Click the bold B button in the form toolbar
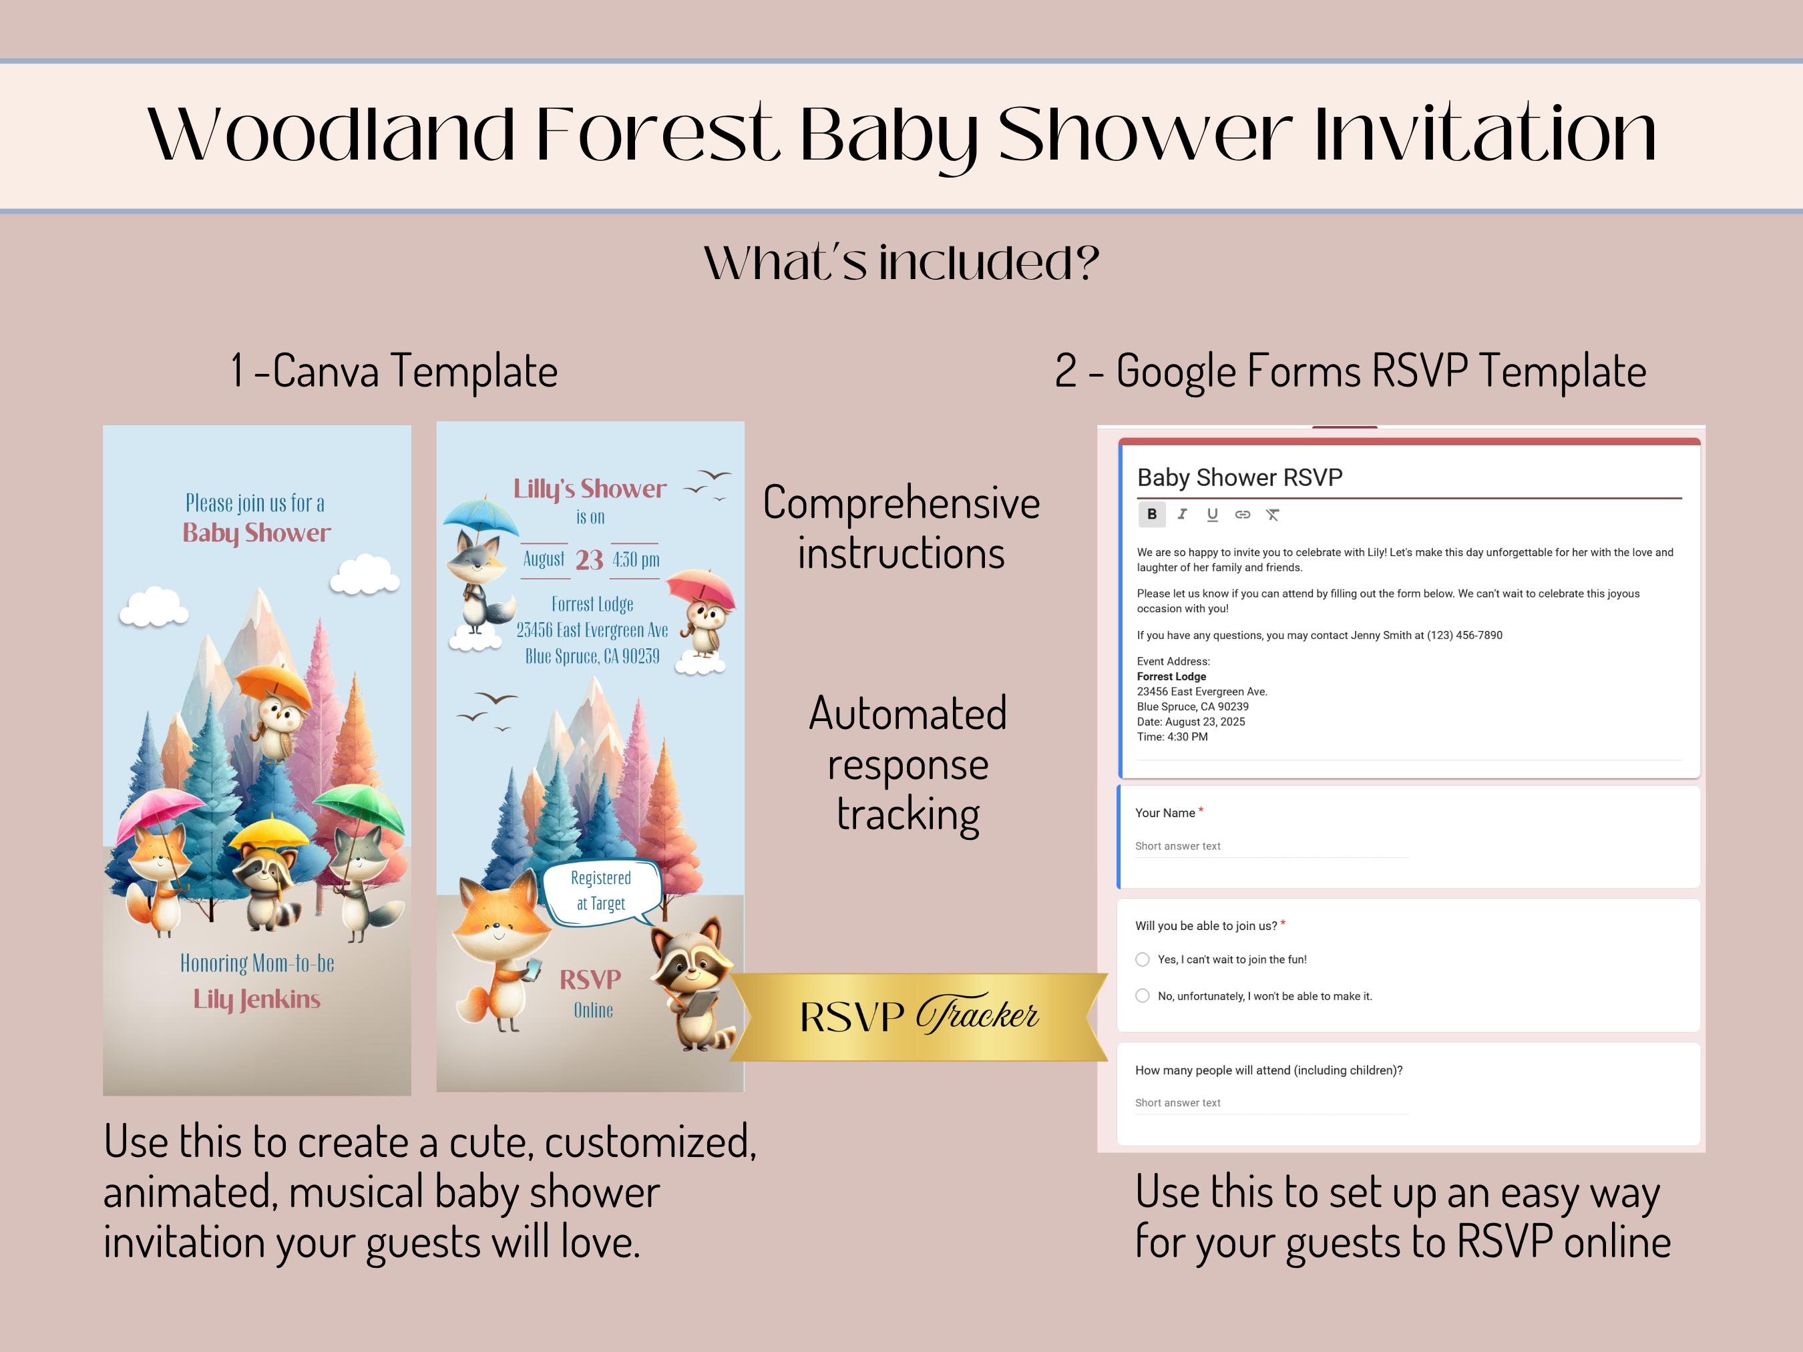click(x=1152, y=514)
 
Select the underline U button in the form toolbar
click(x=1212, y=514)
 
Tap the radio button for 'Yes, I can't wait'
click(x=1143, y=959)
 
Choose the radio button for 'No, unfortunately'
click(x=1143, y=996)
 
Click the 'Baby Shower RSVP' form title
click(x=1239, y=477)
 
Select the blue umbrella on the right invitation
click(x=480, y=515)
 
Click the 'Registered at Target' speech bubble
click(x=602, y=891)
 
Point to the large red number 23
click(x=590, y=560)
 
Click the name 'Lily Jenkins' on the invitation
click(x=256, y=999)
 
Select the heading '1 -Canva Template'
click(x=395, y=372)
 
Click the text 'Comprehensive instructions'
click(x=901, y=527)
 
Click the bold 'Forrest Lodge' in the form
click(x=1171, y=676)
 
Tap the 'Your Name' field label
click(x=1165, y=813)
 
